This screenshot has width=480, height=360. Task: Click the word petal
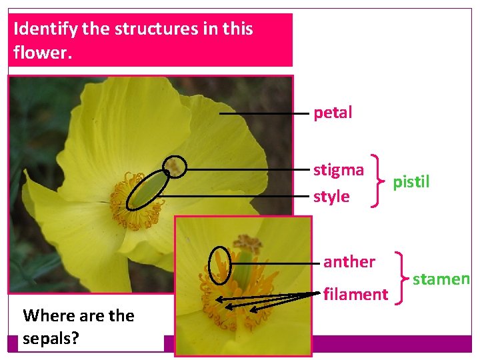click(x=333, y=113)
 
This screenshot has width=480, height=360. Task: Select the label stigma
click(x=339, y=170)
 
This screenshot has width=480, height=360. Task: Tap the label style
click(x=331, y=196)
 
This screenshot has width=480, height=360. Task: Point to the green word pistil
click(x=411, y=181)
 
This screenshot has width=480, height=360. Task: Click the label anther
click(x=349, y=261)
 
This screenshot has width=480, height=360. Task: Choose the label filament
click(x=355, y=294)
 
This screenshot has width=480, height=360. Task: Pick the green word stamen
click(x=441, y=279)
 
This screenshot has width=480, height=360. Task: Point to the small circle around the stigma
click(x=175, y=166)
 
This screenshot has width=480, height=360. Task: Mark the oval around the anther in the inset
click(x=219, y=265)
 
